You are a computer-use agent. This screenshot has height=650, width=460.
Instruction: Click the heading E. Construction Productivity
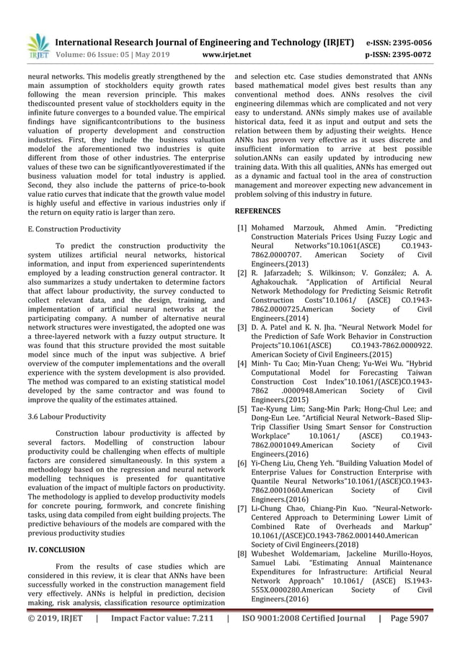(74, 229)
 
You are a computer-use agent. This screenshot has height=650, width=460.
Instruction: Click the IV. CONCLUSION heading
(56, 549)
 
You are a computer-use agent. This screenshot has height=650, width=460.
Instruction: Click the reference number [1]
(243, 228)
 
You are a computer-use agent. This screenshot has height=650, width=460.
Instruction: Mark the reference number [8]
(243, 554)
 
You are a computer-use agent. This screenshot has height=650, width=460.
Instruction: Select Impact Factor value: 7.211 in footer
(161, 637)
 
